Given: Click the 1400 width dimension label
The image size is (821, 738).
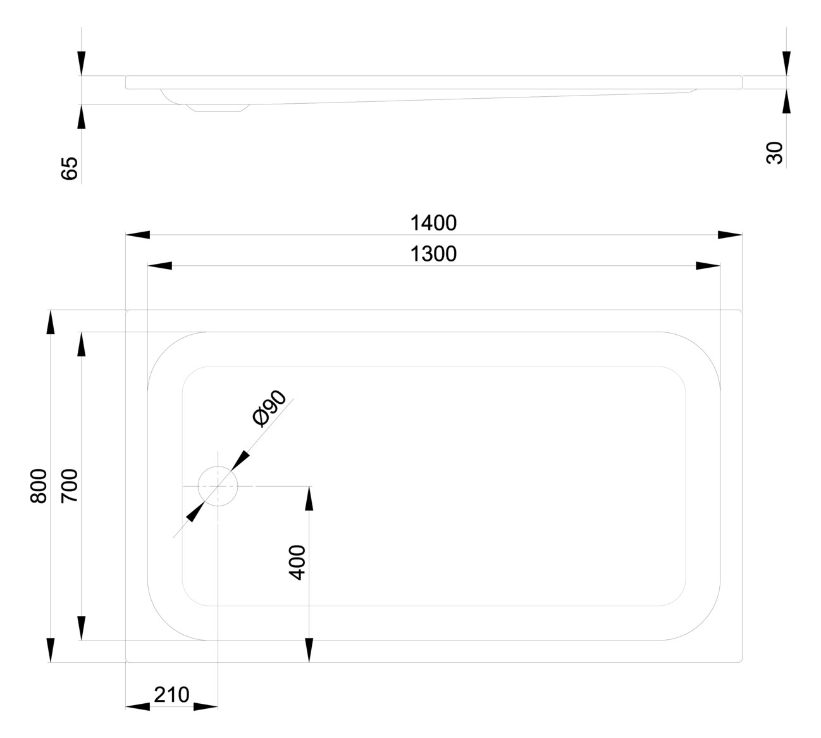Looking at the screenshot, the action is click(433, 223).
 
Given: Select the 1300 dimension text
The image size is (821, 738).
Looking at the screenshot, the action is click(433, 254).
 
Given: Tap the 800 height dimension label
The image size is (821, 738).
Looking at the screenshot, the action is click(39, 486).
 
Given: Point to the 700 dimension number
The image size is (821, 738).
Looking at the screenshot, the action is click(70, 486).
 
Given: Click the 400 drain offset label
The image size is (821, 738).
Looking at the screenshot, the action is click(297, 563).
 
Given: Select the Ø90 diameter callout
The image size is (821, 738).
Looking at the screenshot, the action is click(269, 408).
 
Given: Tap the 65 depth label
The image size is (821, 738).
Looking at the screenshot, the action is click(70, 168).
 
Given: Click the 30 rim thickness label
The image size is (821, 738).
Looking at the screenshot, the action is click(774, 153).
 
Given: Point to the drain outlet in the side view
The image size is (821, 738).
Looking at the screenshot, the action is click(218, 108).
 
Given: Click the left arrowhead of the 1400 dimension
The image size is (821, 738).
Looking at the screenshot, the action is click(138, 235).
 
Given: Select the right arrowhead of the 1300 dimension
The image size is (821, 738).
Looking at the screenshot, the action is click(708, 266).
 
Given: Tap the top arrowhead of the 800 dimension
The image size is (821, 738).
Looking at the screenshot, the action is click(51, 322).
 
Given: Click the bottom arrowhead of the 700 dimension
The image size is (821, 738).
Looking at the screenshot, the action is click(82, 628).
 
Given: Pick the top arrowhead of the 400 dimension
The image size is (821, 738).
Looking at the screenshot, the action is click(309, 498).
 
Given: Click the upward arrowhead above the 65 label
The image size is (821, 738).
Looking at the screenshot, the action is click(82, 117).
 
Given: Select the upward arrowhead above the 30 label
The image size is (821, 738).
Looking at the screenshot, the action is click(787, 101).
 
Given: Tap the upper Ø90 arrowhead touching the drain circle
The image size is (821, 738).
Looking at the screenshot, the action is click(240, 461).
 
